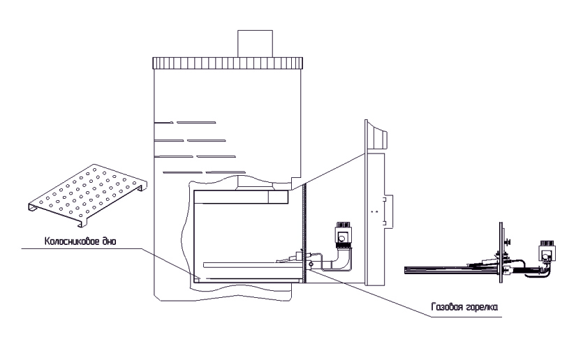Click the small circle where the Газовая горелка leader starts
coord(310,264)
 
